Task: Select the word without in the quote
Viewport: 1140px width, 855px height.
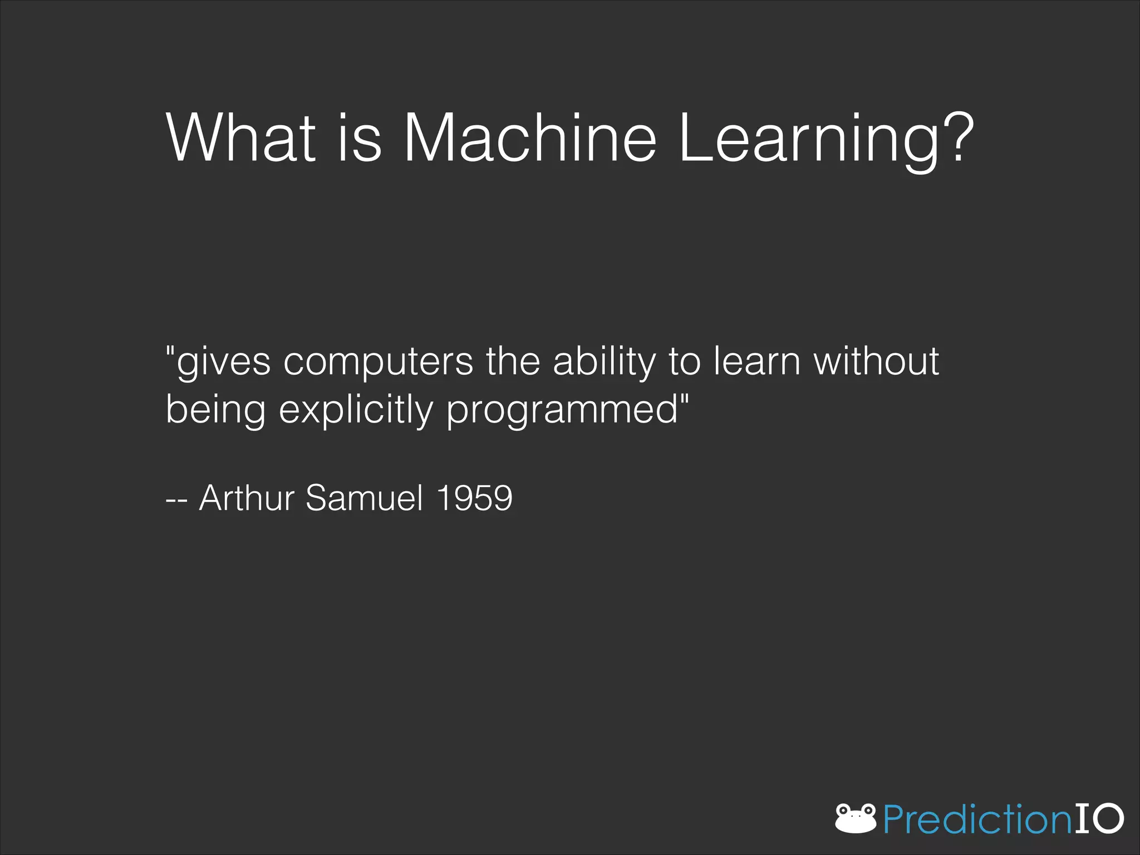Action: point(876,362)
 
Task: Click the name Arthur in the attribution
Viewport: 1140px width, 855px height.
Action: point(247,498)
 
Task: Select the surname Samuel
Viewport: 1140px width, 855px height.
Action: point(365,498)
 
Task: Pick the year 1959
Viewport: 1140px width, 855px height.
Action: point(474,498)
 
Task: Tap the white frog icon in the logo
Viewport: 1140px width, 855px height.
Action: point(856,818)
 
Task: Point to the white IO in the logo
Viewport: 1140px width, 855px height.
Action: point(1098,818)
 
